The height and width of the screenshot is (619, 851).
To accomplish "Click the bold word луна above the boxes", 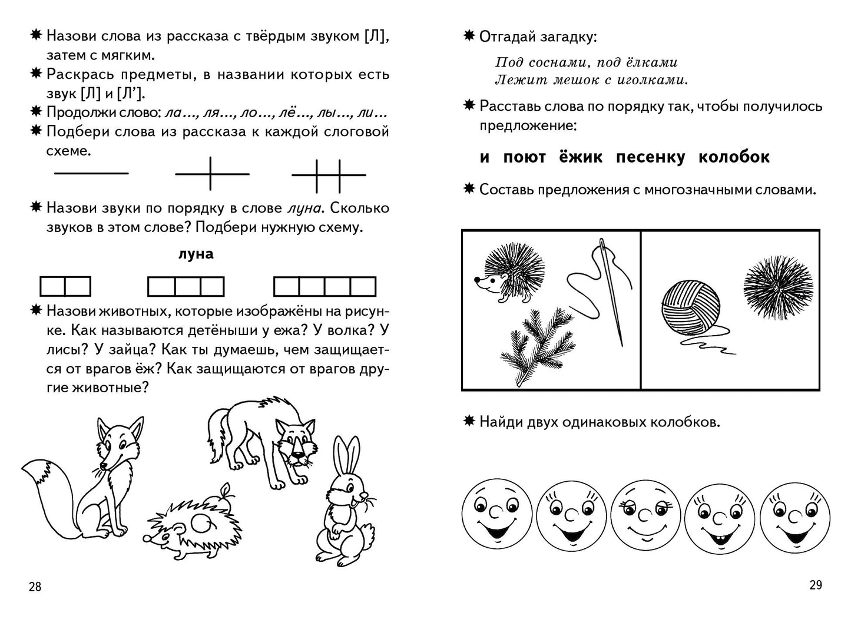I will tap(196, 254).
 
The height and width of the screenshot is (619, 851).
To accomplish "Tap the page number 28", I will tap(35, 587).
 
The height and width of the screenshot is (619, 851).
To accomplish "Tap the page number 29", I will tap(815, 585).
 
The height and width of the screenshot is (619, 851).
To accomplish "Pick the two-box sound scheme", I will tap(65, 286).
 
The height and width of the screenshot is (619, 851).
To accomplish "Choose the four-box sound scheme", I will tap(324, 286).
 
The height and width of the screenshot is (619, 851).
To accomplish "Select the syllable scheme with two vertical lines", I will tap(329, 175).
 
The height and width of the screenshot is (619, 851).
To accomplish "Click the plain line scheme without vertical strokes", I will tap(91, 173).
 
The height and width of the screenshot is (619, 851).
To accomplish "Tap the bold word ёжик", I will tap(581, 157).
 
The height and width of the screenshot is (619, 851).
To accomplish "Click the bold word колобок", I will tap(734, 157).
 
